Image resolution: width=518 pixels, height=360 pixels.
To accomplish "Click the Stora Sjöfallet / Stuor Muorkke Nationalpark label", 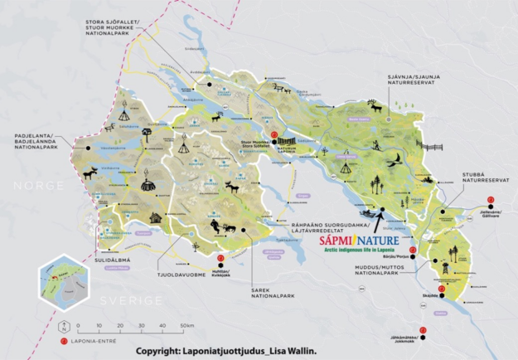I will tap(116, 27).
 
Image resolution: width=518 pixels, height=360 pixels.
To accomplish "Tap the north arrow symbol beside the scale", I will tap(64, 324).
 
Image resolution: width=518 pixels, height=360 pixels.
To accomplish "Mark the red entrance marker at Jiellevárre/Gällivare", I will tap(491, 199).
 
